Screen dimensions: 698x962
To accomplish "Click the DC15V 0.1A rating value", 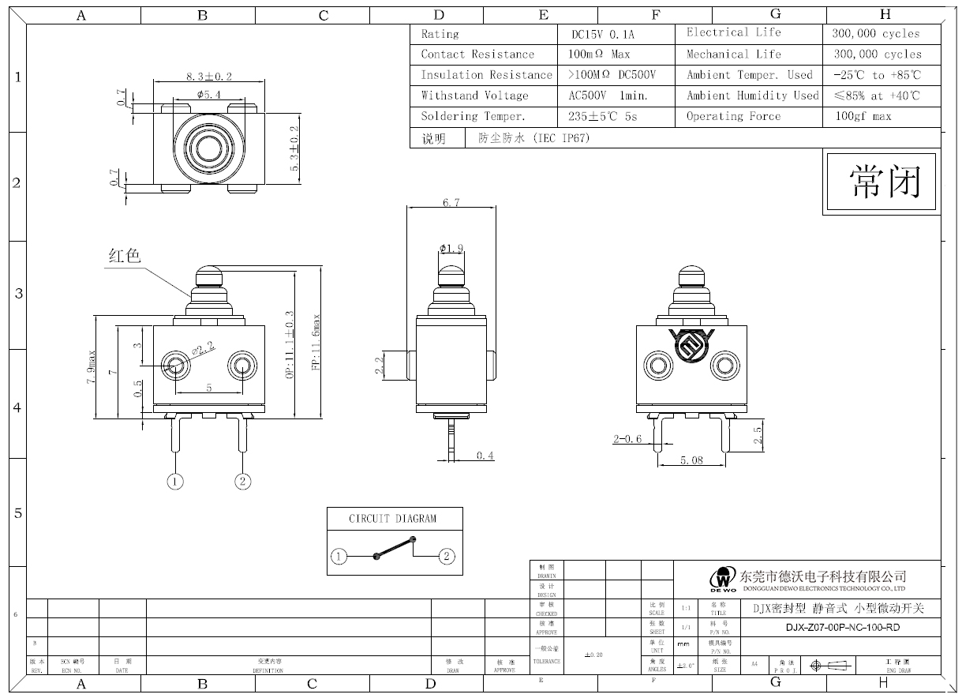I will point(602,35).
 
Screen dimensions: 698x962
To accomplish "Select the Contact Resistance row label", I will point(477,54).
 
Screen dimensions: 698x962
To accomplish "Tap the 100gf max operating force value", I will point(863,116).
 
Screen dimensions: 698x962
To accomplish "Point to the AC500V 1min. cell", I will point(608,96).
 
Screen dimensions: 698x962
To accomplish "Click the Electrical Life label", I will point(733,32).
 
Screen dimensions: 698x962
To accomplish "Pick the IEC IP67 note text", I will point(533,138).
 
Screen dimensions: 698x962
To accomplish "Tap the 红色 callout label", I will point(124,256).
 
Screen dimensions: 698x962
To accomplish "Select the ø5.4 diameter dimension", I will point(207,95).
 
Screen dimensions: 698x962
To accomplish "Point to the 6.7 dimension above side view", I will point(451,203).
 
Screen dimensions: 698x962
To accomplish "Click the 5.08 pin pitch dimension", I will point(691,460).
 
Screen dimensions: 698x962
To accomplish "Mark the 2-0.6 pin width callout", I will point(627,439).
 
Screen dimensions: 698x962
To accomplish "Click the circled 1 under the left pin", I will point(175,481).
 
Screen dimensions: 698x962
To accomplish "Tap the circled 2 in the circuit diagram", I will point(447,557).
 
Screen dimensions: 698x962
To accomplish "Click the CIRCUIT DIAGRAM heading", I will point(392,519).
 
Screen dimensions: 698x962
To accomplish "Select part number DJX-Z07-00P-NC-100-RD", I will point(842,628).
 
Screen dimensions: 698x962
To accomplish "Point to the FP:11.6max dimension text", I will point(316,343).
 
